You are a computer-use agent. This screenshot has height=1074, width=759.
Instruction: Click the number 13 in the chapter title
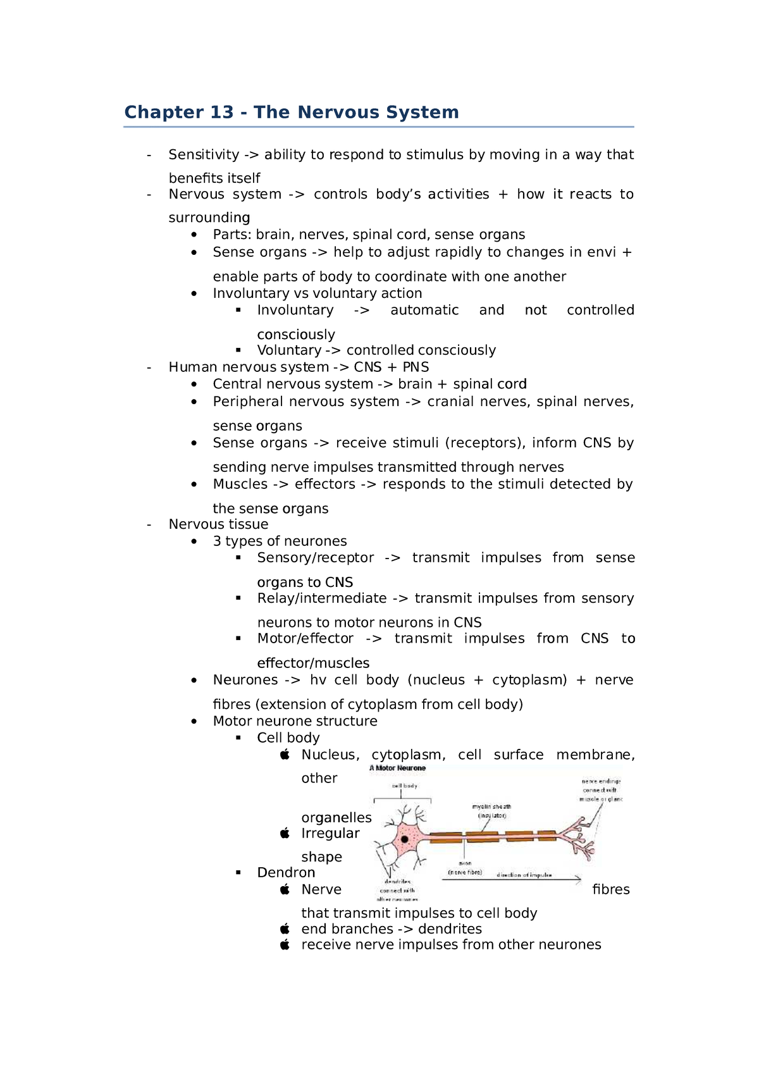(x=221, y=113)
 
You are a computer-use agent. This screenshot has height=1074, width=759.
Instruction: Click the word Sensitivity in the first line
(x=204, y=155)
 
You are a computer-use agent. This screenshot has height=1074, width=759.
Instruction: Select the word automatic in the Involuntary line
(x=424, y=311)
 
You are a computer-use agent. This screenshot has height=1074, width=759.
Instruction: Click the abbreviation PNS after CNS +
(x=416, y=367)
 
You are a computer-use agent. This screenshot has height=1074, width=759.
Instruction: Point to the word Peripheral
(x=248, y=402)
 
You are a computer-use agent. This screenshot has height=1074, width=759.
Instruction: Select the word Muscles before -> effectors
(x=240, y=485)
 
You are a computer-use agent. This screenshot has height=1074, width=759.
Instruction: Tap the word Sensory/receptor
(x=315, y=558)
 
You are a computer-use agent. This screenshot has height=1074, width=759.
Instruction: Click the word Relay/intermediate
(x=321, y=598)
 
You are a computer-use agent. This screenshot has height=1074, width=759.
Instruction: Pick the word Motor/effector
(x=305, y=639)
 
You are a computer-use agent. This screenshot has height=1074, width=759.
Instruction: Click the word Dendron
(x=286, y=873)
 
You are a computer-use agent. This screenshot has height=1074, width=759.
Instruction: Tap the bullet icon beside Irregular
(x=285, y=834)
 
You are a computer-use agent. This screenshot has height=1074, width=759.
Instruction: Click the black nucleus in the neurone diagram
(x=404, y=839)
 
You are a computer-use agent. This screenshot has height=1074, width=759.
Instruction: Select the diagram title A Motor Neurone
(x=398, y=768)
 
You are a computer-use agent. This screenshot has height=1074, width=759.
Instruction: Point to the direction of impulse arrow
(x=511, y=880)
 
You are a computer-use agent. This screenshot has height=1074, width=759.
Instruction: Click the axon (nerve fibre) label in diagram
(x=465, y=868)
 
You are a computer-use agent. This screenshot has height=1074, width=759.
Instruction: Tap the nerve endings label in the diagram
(x=601, y=790)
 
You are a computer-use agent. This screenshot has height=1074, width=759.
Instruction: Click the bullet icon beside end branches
(x=285, y=929)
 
